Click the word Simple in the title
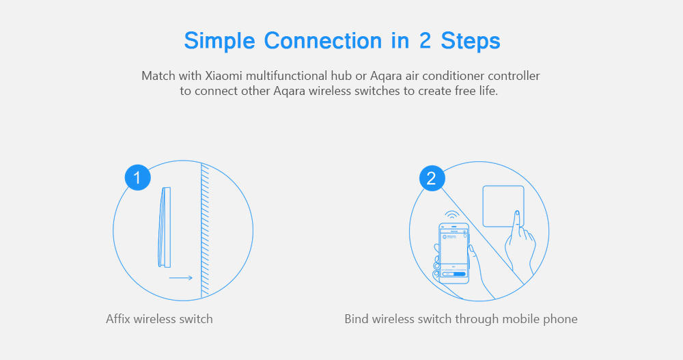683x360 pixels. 219,42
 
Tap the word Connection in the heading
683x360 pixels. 323,40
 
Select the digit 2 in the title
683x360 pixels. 425,40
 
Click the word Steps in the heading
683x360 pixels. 471,42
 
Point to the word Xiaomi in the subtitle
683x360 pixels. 223,76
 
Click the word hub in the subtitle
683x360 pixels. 341,76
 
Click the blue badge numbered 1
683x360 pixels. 138,178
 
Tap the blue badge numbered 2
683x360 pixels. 432,178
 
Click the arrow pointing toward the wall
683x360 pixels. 181,277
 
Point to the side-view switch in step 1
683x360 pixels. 165,227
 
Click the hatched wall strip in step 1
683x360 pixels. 205,230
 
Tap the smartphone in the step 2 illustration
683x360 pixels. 454,253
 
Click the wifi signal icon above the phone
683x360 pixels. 452,215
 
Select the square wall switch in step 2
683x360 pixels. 503,206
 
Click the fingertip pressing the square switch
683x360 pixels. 517,214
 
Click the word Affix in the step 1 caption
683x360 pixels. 118,318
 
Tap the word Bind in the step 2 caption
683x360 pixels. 357,318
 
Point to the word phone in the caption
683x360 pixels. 561,320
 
